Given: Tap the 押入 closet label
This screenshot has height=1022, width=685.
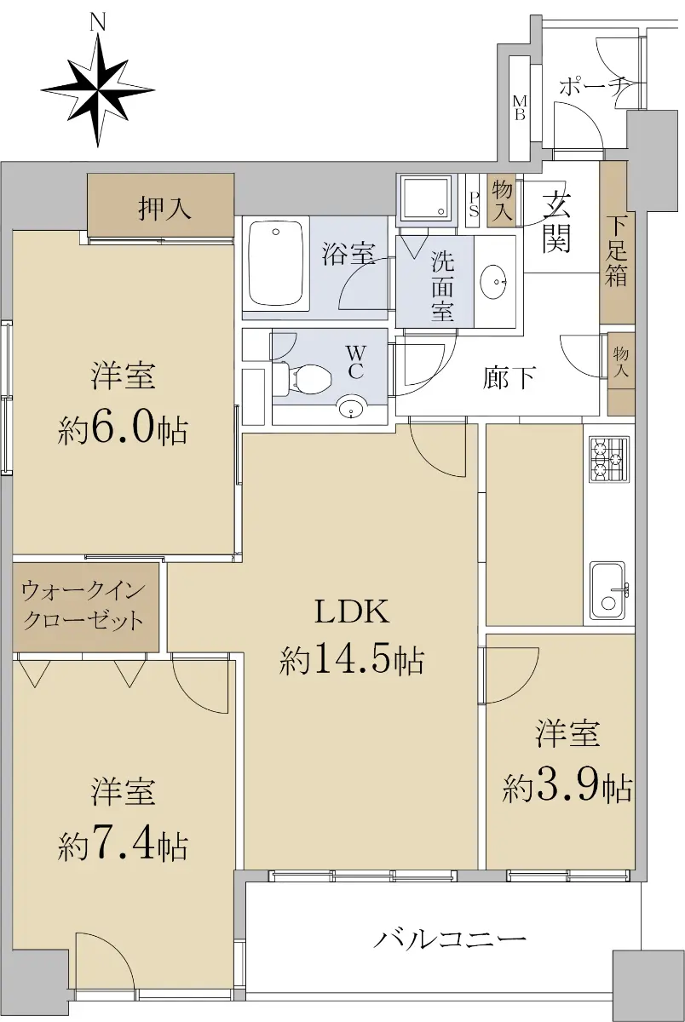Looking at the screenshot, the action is coord(164,209).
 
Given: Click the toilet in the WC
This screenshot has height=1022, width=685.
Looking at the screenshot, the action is coord(302,379).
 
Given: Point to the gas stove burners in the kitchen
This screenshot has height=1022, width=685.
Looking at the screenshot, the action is coord(609,459).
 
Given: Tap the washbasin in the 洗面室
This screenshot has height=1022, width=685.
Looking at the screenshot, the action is coord(494,282).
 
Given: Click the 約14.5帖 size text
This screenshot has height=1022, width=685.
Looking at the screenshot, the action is coord(352,660).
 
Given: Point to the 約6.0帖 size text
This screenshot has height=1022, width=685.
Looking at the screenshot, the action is coord(123,429).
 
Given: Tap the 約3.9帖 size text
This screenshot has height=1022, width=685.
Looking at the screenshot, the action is coord(567,788).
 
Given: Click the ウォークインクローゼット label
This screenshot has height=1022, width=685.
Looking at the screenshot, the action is coord(83,606).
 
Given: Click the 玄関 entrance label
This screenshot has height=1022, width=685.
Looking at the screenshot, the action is coord(556,222).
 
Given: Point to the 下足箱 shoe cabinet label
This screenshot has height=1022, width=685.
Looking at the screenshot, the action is coord(616,252).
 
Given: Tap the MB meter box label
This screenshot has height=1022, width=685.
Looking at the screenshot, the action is coord(520,107).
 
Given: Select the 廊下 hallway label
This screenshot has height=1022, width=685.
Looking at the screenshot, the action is coord(509,377).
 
